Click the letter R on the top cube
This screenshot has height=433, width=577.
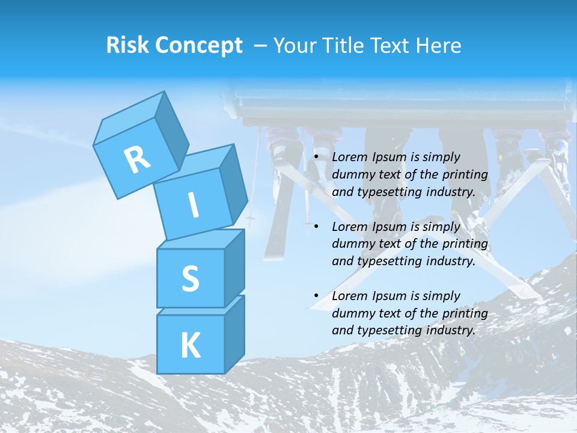click(x=137, y=159)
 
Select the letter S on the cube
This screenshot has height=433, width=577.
click(x=190, y=278)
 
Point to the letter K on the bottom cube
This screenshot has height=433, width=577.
click(x=190, y=345)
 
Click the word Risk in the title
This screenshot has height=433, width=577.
click(x=128, y=46)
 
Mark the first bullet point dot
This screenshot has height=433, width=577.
click(x=316, y=158)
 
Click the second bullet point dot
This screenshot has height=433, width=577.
click(x=316, y=227)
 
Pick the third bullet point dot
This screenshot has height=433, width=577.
click(x=316, y=296)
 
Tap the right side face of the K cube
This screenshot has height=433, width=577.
click(x=234, y=334)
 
